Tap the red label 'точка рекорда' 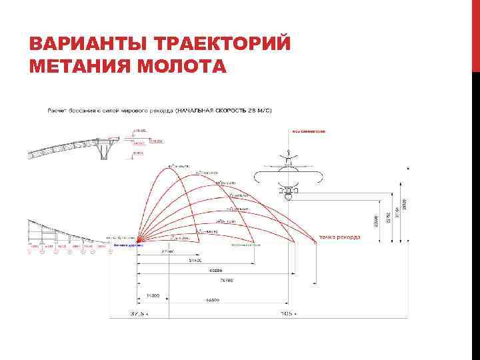[340, 237]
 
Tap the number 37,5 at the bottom [137, 313]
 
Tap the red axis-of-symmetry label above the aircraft [307, 132]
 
